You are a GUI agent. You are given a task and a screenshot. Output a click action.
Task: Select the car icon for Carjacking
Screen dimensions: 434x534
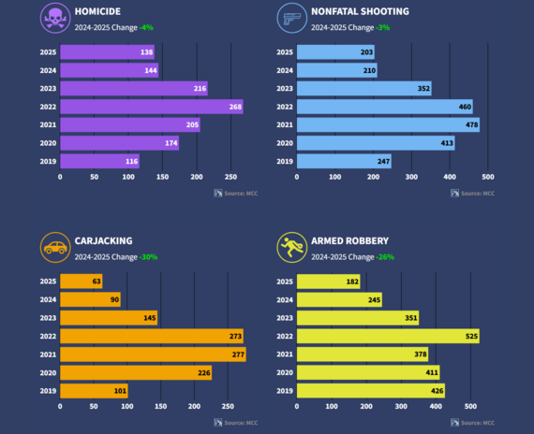(x=55, y=248)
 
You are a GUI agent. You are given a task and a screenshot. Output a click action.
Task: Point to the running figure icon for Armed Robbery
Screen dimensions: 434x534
(x=291, y=248)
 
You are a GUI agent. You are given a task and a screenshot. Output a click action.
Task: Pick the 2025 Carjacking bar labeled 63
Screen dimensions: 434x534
(x=82, y=281)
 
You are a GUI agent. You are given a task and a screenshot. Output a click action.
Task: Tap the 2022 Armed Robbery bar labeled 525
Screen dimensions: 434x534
(x=388, y=336)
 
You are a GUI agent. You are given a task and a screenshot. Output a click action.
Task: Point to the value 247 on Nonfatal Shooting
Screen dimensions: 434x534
(x=380, y=161)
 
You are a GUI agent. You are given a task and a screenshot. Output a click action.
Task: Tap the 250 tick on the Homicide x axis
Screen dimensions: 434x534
(x=230, y=176)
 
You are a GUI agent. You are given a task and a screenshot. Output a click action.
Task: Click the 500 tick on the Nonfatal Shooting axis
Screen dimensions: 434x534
(x=487, y=176)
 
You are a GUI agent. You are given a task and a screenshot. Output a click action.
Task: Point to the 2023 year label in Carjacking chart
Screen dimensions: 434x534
(x=47, y=318)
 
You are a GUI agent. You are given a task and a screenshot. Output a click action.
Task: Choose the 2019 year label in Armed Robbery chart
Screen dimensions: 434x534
(x=283, y=390)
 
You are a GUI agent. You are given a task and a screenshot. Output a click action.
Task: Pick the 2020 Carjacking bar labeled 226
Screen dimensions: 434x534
(x=136, y=372)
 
